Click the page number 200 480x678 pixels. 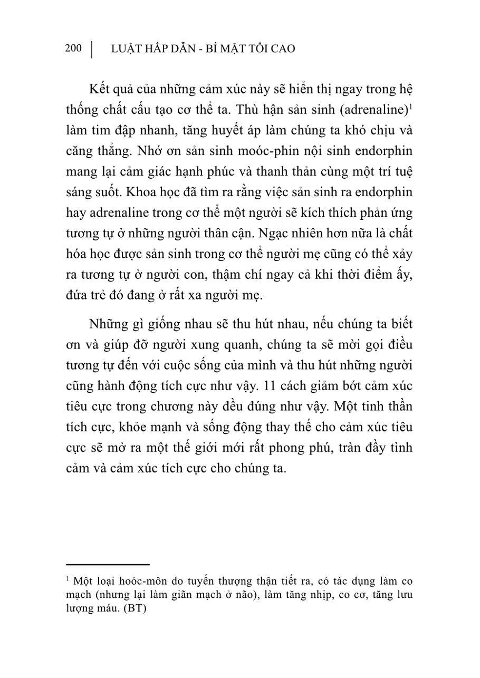[x=73, y=49]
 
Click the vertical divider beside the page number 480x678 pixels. [x=92, y=49]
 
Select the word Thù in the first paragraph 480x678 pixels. [x=247, y=110]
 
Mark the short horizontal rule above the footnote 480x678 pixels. [x=108, y=564]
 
